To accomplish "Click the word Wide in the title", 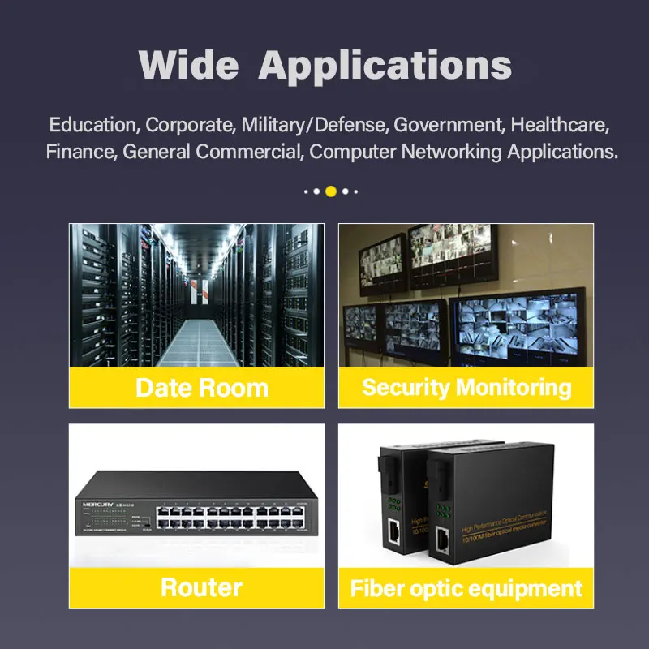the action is click(x=188, y=64).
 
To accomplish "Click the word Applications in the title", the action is click(x=385, y=65).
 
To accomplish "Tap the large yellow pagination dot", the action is click(x=331, y=191).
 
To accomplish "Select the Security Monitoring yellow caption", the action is click(x=466, y=387).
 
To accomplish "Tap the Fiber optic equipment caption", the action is click(x=466, y=588).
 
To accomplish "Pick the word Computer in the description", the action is click(x=350, y=151).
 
